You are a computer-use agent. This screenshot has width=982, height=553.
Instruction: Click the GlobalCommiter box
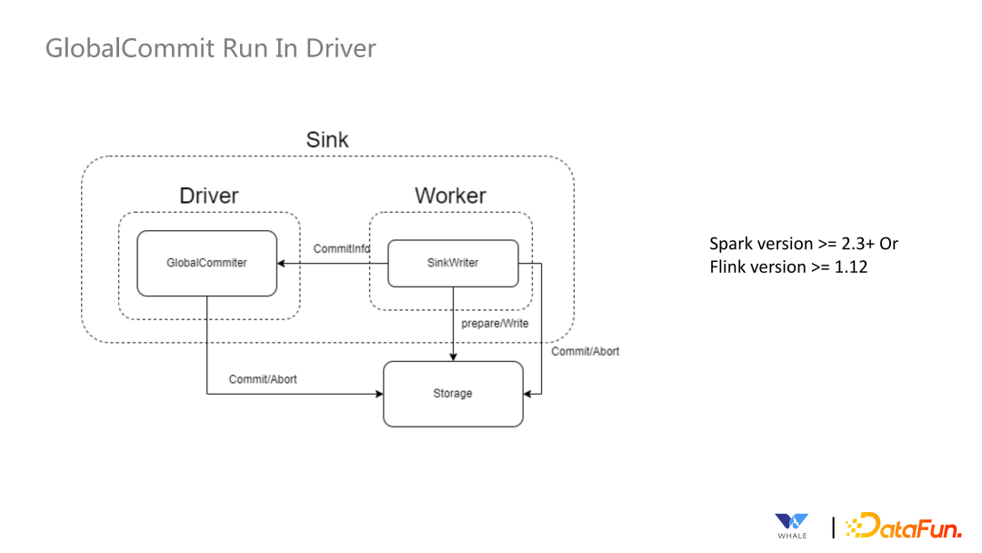(206, 263)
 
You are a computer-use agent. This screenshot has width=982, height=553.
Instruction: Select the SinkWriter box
(453, 263)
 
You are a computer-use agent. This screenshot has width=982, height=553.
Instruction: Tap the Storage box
(453, 394)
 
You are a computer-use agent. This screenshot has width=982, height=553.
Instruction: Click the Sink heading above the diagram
(327, 140)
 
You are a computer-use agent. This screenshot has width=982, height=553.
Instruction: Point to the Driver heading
(209, 196)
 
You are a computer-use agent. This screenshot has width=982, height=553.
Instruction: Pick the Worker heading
(450, 196)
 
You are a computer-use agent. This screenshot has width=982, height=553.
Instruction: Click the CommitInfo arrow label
(340, 248)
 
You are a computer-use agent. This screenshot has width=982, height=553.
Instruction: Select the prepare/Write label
(495, 323)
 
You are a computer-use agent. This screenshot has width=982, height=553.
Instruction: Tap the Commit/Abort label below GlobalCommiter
(263, 378)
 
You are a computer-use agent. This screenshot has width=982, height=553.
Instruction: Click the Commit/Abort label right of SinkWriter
(586, 351)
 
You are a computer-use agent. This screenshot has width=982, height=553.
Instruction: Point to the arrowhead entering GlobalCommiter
(282, 264)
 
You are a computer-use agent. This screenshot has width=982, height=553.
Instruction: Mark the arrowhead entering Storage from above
(453, 357)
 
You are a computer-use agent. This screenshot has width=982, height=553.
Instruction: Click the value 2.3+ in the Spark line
(853, 244)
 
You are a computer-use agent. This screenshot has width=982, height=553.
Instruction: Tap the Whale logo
(791, 526)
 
